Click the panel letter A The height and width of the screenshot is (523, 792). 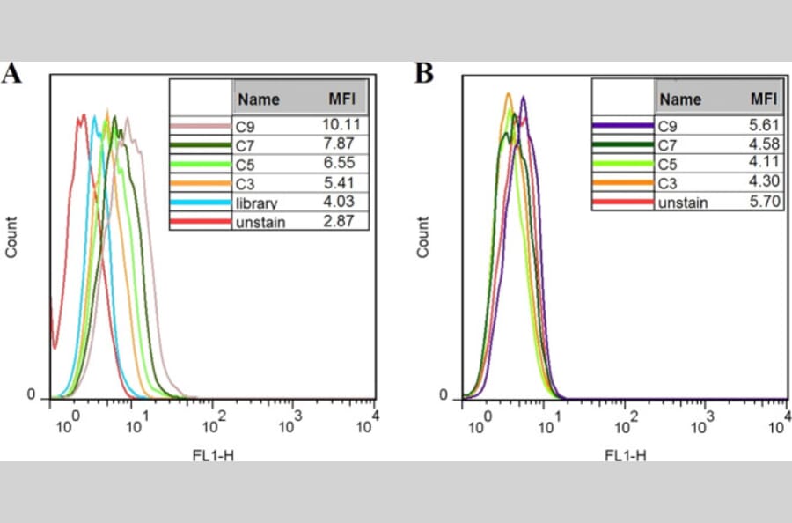[x=11, y=73]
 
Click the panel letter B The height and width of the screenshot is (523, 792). [x=424, y=73]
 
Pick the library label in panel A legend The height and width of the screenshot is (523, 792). [x=257, y=204]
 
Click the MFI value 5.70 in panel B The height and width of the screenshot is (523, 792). [x=759, y=202]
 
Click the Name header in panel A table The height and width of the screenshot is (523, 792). [x=259, y=99]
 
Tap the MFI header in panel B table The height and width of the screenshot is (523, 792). [x=763, y=98]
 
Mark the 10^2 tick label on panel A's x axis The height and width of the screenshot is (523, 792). [x=214, y=425]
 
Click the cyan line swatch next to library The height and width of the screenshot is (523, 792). [x=201, y=204]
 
